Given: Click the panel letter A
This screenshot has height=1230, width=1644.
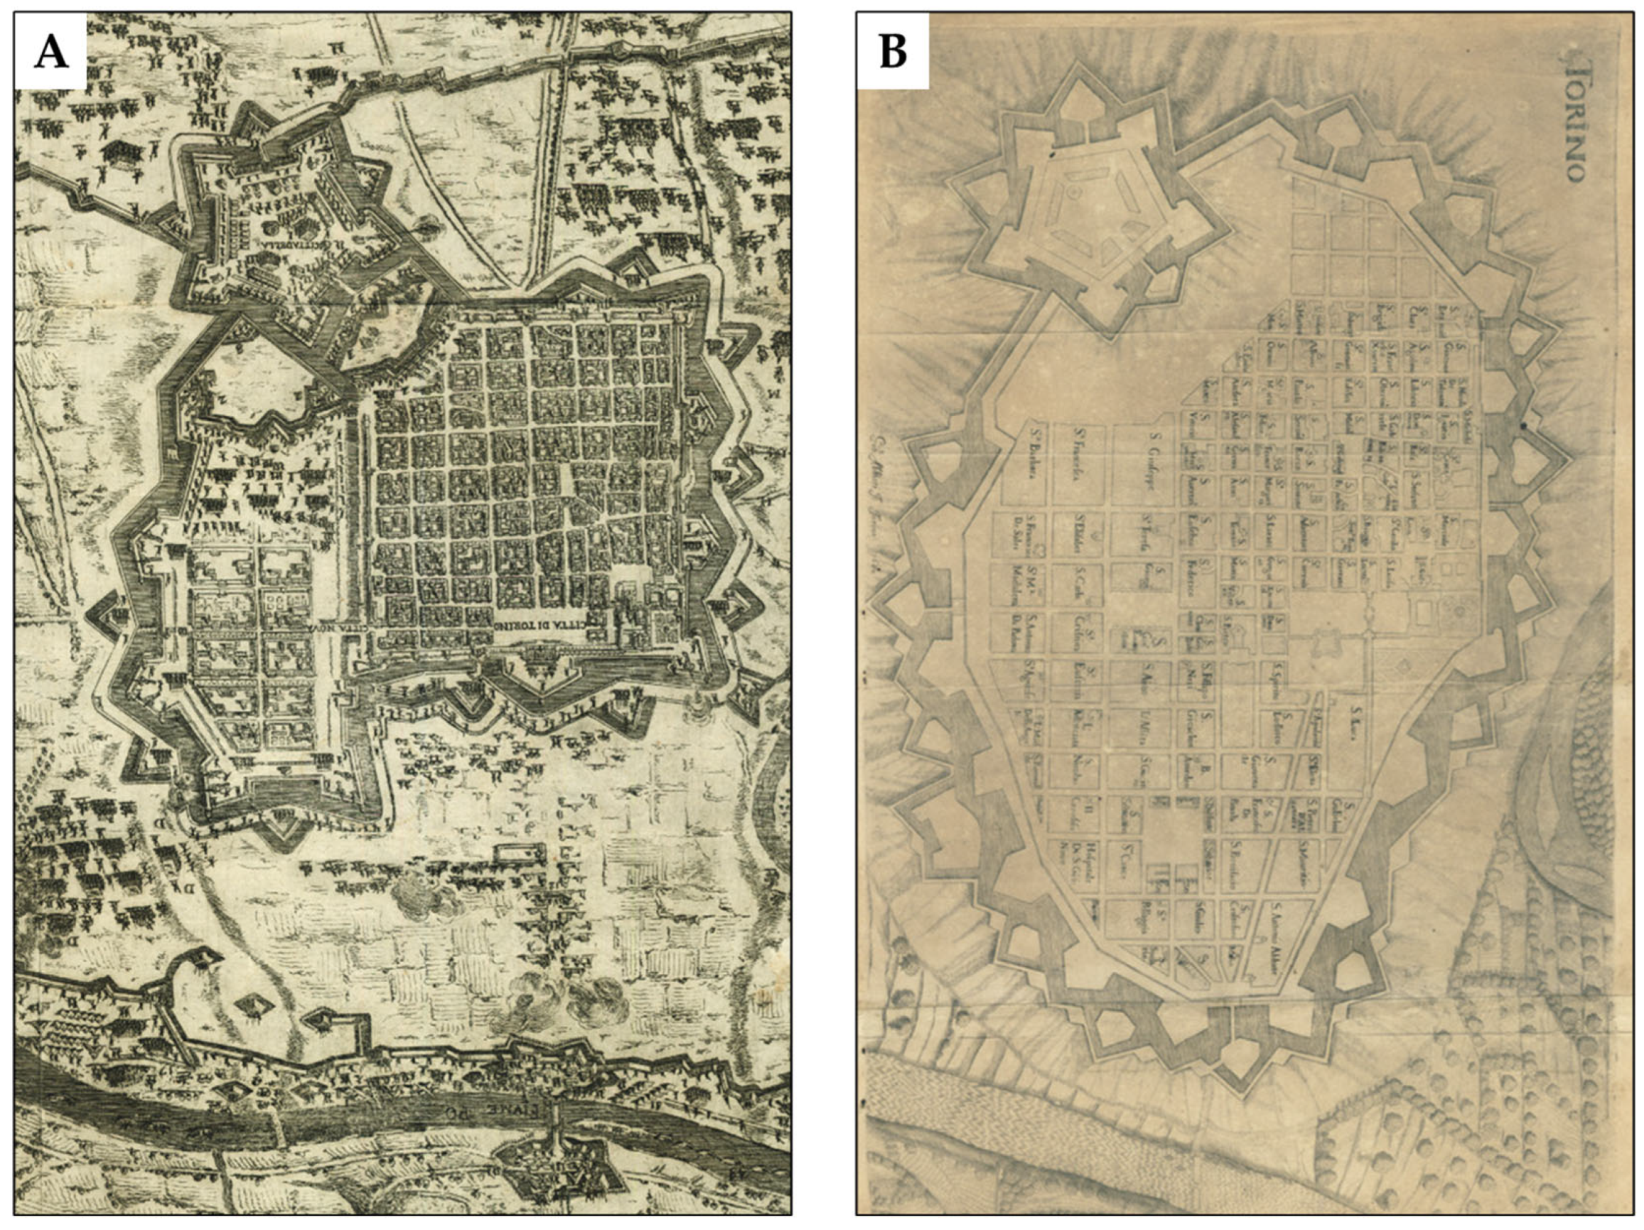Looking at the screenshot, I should point(50,52).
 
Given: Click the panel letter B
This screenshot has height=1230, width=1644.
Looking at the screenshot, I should point(892,52).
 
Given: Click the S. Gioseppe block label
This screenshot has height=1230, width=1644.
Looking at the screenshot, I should point(1149,456).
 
